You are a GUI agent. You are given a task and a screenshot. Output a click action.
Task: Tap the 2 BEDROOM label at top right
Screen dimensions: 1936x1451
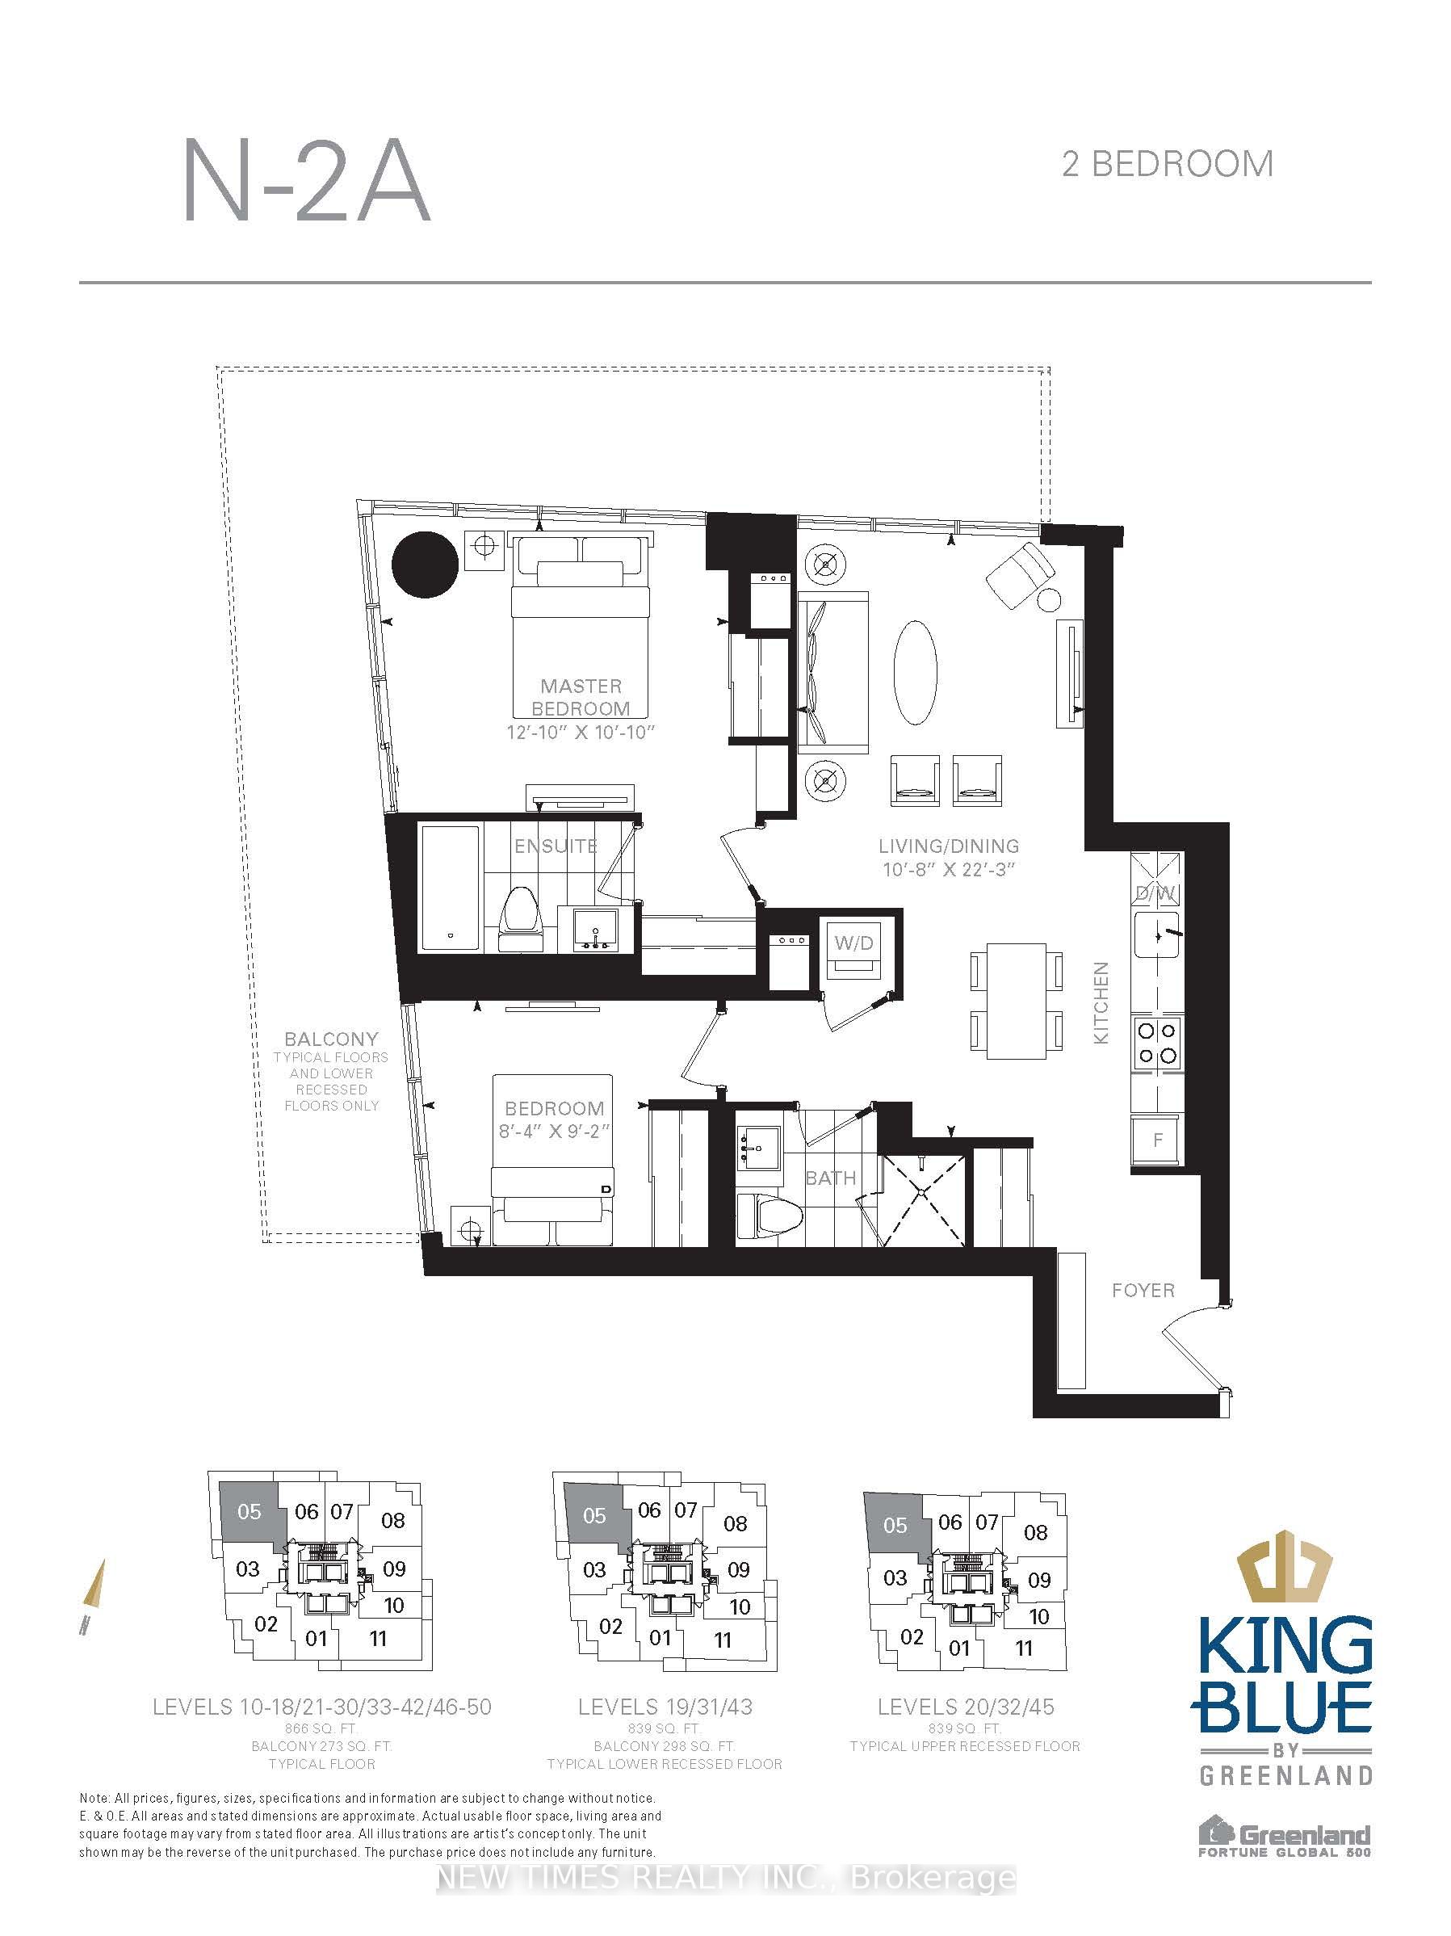[x=1167, y=164]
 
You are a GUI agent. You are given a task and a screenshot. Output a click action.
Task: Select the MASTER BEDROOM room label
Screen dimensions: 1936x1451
[x=581, y=697]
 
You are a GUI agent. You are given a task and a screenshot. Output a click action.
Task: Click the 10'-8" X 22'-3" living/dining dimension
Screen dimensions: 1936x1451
[x=948, y=869]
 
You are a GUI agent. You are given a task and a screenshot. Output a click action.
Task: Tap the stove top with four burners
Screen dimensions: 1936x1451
[x=1156, y=1043]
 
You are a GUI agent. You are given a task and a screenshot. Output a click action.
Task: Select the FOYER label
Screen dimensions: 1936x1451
[x=1142, y=1291]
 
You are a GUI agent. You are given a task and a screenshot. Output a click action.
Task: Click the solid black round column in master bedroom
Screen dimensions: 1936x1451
[x=425, y=565]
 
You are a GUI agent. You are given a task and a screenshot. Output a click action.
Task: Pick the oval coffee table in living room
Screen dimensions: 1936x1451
[x=916, y=672]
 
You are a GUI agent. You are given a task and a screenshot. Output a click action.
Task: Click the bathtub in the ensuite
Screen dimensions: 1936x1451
[x=450, y=886]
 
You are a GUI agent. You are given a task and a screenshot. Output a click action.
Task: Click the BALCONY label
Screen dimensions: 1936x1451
[x=331, y=1039]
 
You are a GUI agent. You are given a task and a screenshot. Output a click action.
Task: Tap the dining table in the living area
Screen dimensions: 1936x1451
[x=1015, y=1001]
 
